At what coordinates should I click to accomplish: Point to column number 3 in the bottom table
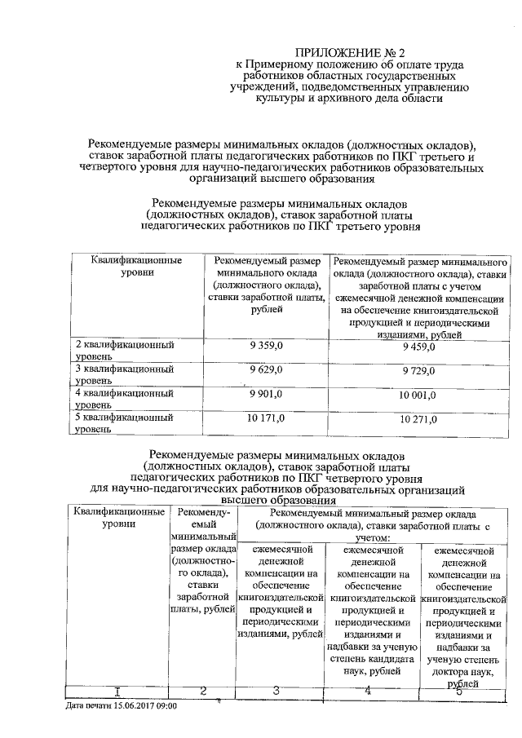coord(276,692)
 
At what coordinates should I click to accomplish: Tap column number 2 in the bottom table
coord(201,692)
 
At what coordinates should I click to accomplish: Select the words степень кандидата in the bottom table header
coord(369,657)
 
